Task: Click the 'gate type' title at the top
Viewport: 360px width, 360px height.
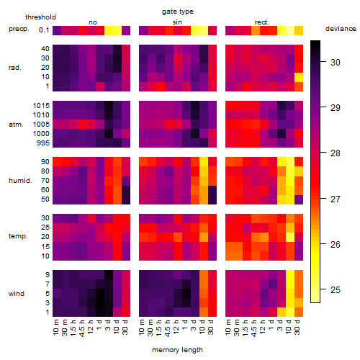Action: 178,12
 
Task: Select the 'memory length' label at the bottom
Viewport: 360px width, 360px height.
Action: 177,350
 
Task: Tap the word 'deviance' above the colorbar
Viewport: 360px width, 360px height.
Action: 341,29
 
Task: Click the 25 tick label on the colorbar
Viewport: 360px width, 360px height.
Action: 336,290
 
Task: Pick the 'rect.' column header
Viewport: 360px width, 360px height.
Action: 262,22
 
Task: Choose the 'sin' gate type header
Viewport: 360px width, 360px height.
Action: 177,22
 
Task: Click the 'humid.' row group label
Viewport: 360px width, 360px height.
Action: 20,181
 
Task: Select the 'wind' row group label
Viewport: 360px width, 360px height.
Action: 17,294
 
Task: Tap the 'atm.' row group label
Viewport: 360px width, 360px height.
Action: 16,125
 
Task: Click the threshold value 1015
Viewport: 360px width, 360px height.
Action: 41,106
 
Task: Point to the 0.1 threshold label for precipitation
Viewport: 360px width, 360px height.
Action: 44,30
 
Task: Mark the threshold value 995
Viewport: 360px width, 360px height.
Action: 43,143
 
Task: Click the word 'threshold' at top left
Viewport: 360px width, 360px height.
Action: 40,17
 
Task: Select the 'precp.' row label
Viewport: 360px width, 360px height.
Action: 19,29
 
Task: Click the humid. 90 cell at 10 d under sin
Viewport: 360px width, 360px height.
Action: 204,162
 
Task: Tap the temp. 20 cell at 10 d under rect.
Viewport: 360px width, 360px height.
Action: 290,237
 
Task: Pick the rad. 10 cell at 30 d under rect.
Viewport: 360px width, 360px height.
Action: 299,77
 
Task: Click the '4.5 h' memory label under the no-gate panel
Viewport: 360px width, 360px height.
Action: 82,328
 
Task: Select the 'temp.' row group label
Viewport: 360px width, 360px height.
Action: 18,236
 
